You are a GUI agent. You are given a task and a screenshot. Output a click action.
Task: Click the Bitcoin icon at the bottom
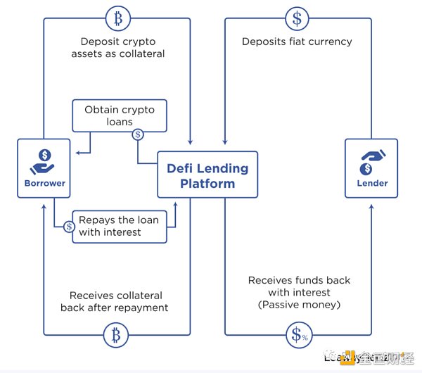(x=116, y=335)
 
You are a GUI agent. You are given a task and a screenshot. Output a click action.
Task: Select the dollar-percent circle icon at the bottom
(x=297, y=335)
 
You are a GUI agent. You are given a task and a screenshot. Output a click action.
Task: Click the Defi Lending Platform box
(x=207, y=176)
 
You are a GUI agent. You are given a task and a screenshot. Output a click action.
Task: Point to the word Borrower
(x=44, y=183)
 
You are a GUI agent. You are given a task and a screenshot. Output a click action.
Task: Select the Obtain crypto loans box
(x=120, y=116)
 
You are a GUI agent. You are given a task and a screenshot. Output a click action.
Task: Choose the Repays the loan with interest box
(x=120, y=227)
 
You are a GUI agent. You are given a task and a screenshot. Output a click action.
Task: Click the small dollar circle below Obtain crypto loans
(x=138, y=134)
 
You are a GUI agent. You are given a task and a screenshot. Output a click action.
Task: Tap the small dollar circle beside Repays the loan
(x=70, y=227)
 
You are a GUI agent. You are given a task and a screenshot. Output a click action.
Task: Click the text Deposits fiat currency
(x=297, y=42)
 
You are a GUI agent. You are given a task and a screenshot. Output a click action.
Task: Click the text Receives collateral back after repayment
(x=119, y=301)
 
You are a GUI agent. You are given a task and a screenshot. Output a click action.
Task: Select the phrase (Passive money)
(x=299, y=304)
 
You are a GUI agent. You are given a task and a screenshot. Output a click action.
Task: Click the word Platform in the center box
(x=207, y=184)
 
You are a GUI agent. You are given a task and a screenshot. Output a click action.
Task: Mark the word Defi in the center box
(x=181, y=168)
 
